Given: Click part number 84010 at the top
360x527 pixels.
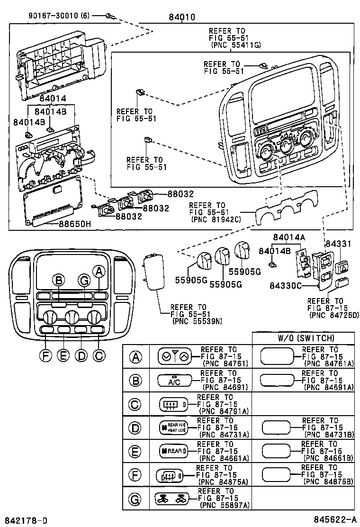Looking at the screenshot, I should tap(181, 18).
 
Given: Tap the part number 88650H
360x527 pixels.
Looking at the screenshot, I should tap(74, 225).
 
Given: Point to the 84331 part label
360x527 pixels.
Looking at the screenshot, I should tap(338, 244).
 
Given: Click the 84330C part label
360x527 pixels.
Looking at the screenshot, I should tap(286, 286).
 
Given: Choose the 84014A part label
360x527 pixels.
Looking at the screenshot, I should tap(289, 237).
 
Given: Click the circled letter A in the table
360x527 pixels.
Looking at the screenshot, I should tap(136, 357).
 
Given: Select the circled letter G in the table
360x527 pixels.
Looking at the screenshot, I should tap(136, 498).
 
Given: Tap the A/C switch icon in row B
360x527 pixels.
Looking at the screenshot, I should tap(174, 381).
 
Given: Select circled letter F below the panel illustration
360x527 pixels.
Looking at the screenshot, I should tap(45, 355).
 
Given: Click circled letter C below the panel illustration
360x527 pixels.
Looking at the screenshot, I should tap(99, 355).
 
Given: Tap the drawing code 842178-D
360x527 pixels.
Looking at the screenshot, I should tap(26, 521).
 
